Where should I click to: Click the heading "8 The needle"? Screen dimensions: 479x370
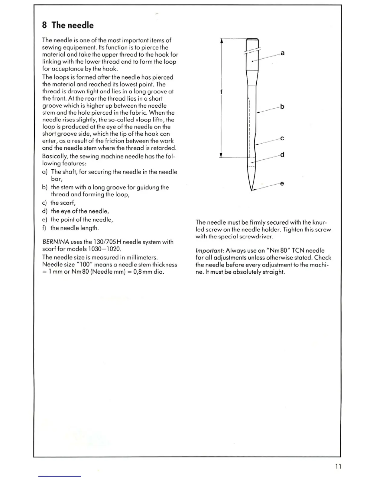tap(68, 25)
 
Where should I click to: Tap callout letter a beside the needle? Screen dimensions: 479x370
tap(283, 53)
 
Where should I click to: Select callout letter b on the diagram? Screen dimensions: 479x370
tap(282, 106)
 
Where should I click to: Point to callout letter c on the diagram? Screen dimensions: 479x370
tap(282, 138)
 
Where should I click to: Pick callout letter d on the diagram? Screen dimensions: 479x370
tap(282, 155)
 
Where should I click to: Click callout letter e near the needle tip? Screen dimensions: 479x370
tap(282, 183)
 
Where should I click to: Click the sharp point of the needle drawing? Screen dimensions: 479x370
tap(252, 191)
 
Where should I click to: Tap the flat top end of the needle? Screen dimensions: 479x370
tap(252, 40)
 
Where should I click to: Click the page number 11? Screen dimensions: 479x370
tap(338, 467)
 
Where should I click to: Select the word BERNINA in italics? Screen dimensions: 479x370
tap(56, 242)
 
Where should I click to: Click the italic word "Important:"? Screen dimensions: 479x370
tap(209, 251)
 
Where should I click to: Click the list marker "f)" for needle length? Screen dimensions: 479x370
tap(45, 228)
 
